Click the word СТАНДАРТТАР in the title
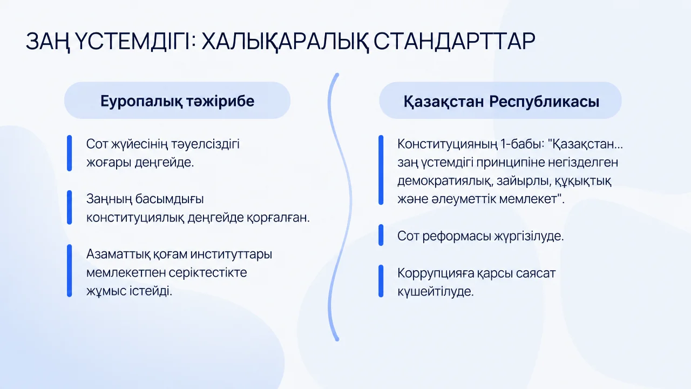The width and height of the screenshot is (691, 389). pyautogui.click(x=454, y=41)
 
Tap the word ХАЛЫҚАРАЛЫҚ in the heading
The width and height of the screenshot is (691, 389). pyautogui.click(x=285, y=42)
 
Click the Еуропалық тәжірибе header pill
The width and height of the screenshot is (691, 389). pyautogui.click(x=178, y=100)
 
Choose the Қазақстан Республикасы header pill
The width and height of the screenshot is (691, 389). pyautogui.click(x=500, y=100)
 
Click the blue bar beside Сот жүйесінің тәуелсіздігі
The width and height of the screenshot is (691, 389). pyautogui.click(x=70, y=153)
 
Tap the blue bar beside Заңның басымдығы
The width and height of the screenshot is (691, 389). pyautogui.click(x=70, y=207)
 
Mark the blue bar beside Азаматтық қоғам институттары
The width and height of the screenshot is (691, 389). pyautogui.click(x=70, y=271)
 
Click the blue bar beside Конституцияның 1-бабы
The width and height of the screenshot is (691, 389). pyautogui.click(x=381, y=170)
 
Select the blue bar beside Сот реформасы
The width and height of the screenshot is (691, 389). pyautogui.click(x=381, y=235)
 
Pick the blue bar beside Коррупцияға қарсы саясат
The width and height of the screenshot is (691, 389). pyautogui.click(x=381, y=281)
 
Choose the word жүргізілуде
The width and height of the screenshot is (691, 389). pyautogui.click(x=529, y=237)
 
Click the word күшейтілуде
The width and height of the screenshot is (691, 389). pyautogui.click(x=435, y=291)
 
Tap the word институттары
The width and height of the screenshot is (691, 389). pyautogui.click(x=231, y=254)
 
